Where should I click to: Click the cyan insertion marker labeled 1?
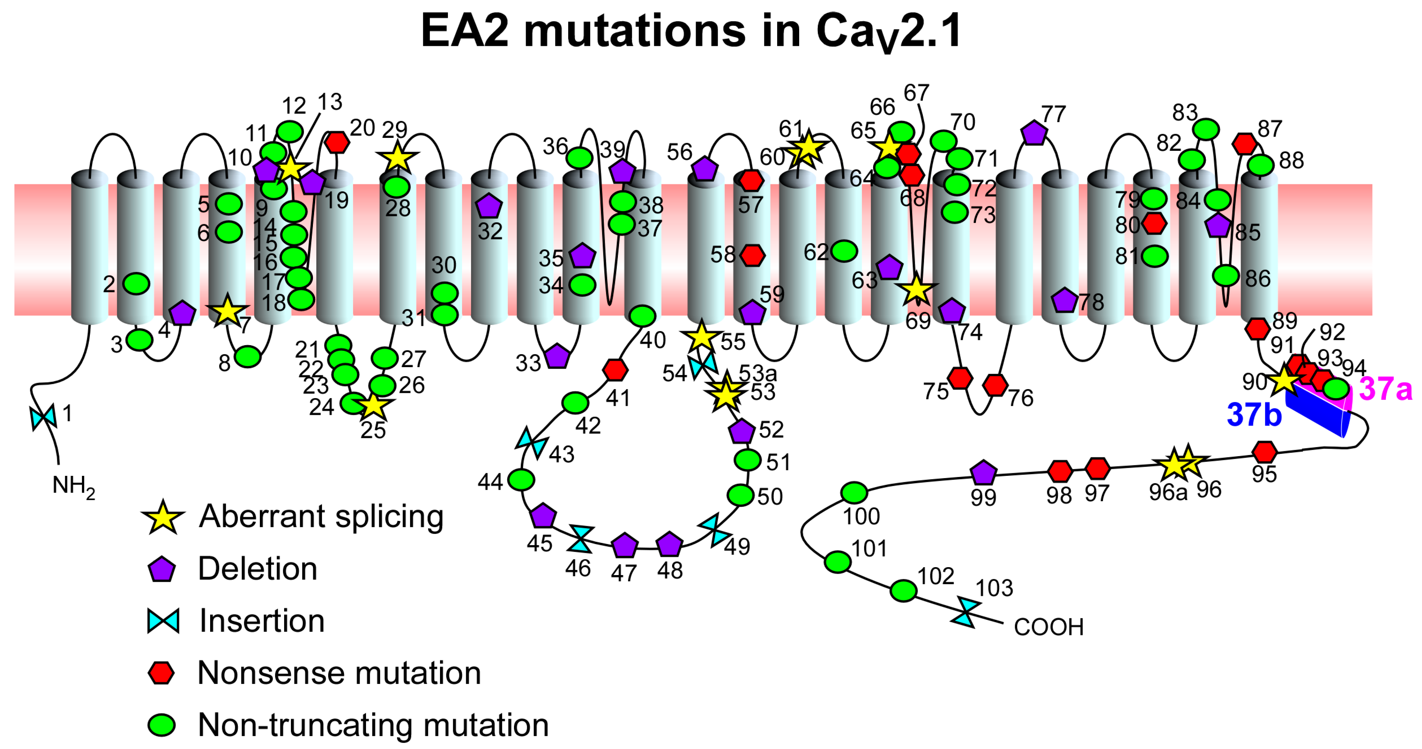click(43, 417)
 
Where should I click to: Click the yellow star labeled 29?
click(397, 158)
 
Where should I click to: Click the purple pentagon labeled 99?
click(983, 473)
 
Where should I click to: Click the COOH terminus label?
click(1048, 627)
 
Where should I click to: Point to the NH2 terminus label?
click(73, 486)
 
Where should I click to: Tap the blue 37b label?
click(1254, 415)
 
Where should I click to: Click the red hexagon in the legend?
click(161, 673)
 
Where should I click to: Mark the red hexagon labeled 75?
click(960, 378)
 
